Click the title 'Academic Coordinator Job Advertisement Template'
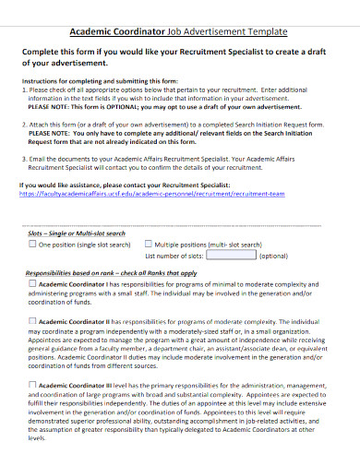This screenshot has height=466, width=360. pyautogui.click(x=180, y=30)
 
